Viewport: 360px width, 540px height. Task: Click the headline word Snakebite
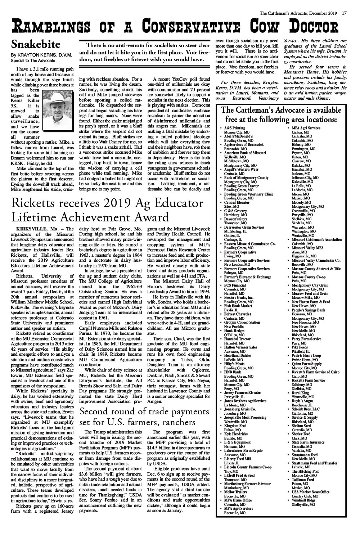pos(36,45)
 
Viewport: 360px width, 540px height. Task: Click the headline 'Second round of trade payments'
pos(144,411)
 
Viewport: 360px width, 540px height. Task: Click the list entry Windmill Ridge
pos(303,501)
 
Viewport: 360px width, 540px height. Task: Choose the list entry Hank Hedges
pos(234,330)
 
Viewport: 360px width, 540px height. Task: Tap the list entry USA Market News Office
pos(310,492)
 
